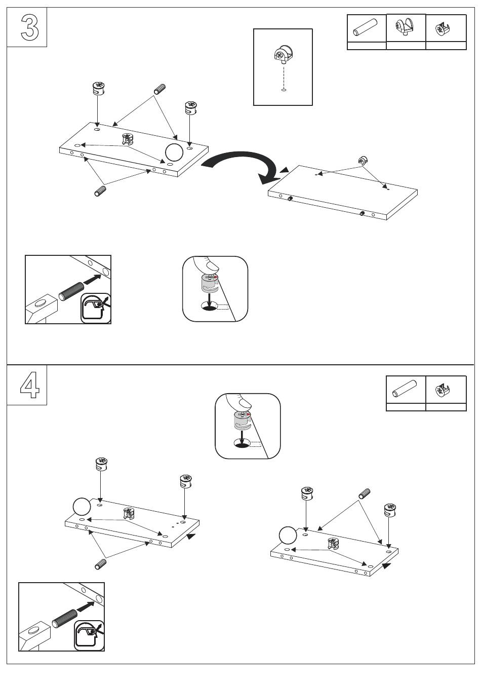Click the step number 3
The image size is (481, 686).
pos(29,27)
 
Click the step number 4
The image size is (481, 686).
pos(29,386)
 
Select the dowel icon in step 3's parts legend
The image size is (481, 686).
pos(366,28)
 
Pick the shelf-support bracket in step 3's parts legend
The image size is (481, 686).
pos(406,27)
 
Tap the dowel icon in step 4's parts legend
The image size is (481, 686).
pos(405,390)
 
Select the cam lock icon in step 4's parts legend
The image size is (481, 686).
pos(446,390)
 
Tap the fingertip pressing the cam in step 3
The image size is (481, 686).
pos(209,265)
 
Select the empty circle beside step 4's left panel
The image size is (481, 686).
pos(82,506)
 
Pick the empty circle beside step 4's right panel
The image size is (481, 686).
pos(288,536)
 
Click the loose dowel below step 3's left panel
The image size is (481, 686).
pos(100,191)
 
